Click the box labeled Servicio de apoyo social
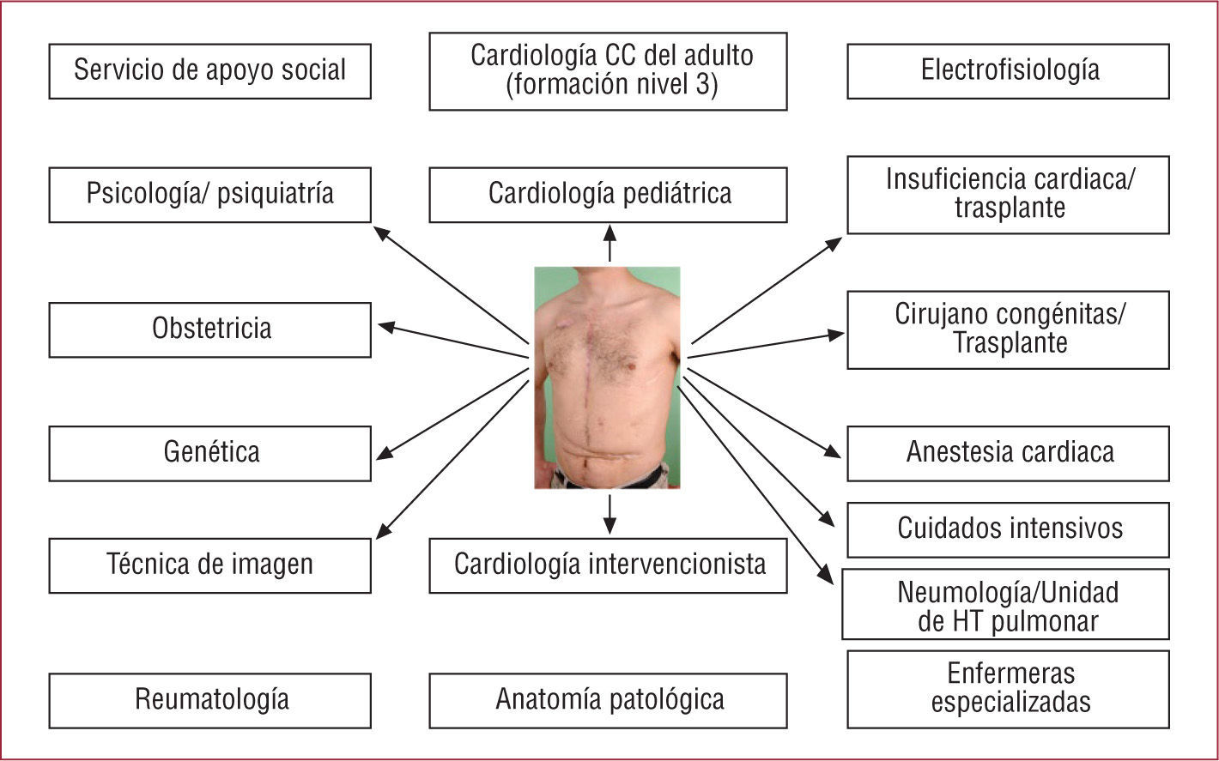(209, 71)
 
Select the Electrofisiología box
(1008, 71)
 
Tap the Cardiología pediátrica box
(608, 194)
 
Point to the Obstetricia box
(209, 329)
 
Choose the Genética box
(209, 453)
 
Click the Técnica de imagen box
(209, 565)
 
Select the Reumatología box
(209, 700)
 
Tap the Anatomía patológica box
(608, 700)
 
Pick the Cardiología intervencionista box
(608, 565)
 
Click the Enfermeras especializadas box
(1008, 688)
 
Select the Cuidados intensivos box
(1008, 529)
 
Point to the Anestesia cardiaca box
(1008, 453)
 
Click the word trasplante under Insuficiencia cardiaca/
(1010, 208)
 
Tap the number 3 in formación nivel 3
(709, 87)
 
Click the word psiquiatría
(277, 194)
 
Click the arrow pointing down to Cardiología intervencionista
(609, 513)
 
